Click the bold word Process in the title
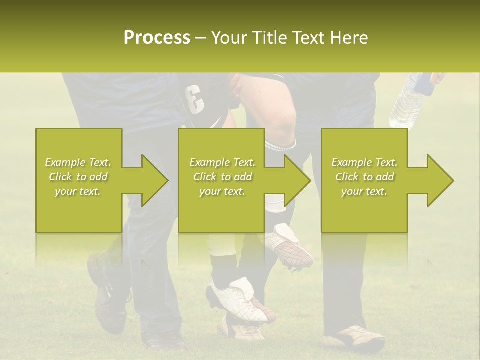(x=157, y=38)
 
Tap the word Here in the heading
(x=349, y=38)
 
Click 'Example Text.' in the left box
(x=78, y=162)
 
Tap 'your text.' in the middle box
(x=222, y=191)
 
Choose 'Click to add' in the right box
(x=364, y=177)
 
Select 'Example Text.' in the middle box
(x=222, y=162)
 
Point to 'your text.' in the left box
(x=78, y=191)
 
